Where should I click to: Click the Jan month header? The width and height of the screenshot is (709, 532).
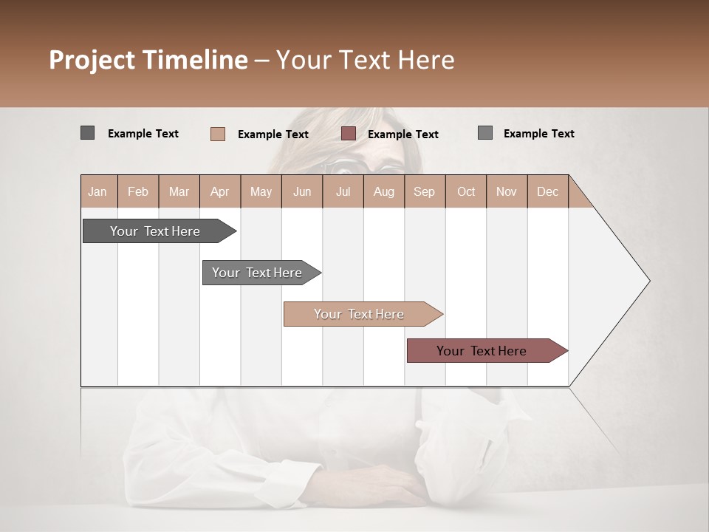coord(98,191)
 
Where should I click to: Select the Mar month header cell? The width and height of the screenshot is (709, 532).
coord(179,191)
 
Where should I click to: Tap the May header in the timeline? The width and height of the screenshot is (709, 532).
coord(261,191)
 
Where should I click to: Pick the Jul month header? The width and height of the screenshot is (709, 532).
coord(343,191)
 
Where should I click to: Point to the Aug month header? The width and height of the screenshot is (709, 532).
coord(383,191)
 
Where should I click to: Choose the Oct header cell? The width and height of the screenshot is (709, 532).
coord(466,191)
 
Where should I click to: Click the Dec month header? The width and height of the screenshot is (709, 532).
coord(547,191)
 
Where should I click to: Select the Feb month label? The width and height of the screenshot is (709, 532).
coord(138,191)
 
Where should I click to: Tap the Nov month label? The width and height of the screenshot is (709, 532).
coord(507,191)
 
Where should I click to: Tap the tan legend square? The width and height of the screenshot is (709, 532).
coord(218,134)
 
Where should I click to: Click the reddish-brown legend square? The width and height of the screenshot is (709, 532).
coord(349,134)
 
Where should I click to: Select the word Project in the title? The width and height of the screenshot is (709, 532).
coord(92,60)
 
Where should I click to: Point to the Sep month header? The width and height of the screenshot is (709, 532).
coord(425,191)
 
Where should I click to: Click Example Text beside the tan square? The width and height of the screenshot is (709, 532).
coord(273,134)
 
